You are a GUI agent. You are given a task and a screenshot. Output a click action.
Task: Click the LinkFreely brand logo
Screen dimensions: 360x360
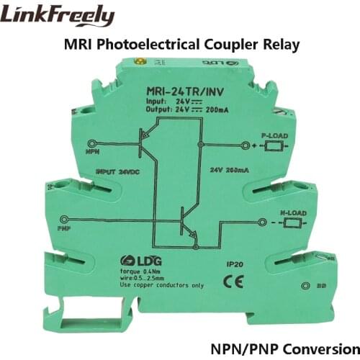59,16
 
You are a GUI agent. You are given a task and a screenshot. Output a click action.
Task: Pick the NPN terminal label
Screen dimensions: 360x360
92,153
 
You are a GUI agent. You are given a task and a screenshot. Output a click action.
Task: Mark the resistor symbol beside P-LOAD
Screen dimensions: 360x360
271,147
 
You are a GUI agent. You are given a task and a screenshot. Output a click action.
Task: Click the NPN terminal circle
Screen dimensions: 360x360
89,143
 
